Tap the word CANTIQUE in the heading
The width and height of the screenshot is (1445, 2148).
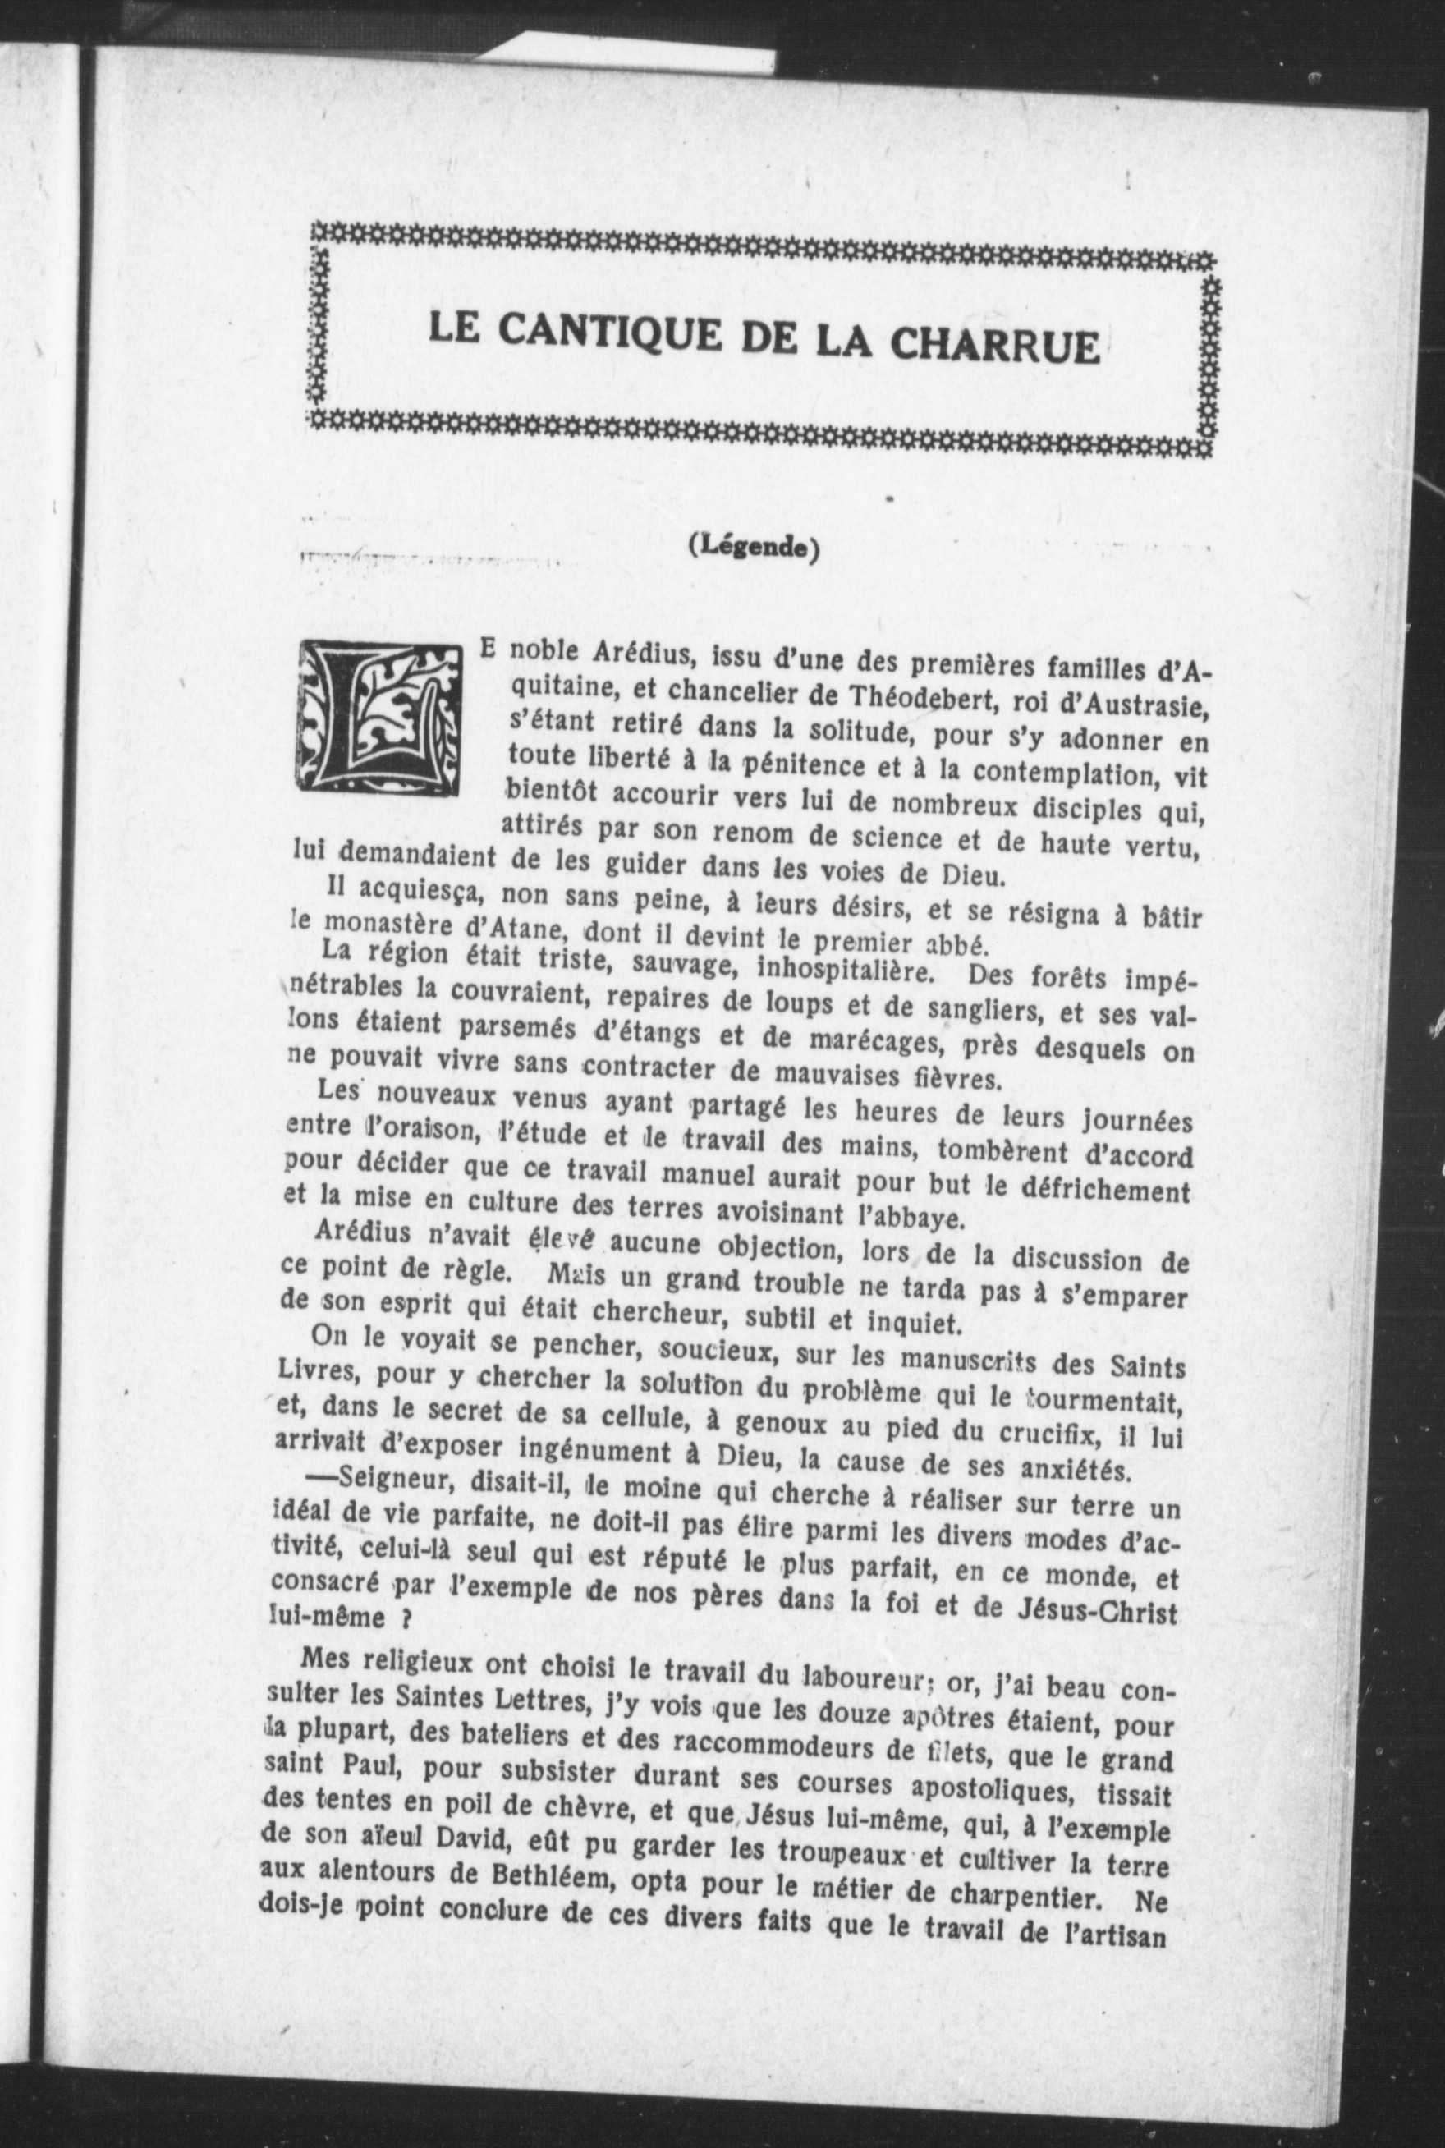coord(608,336)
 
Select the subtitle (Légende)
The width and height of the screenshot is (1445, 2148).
coord(753,548)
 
